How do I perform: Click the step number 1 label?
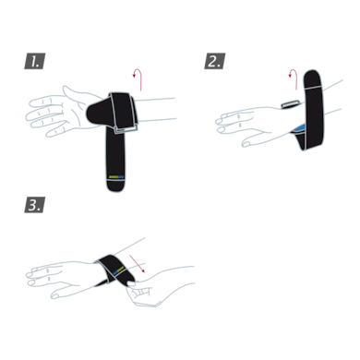[x=34, y=62]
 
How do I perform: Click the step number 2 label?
[x=214, y=62]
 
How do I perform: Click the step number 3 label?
[x=34, y=204]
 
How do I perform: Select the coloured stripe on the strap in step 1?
[x=116, y=175]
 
